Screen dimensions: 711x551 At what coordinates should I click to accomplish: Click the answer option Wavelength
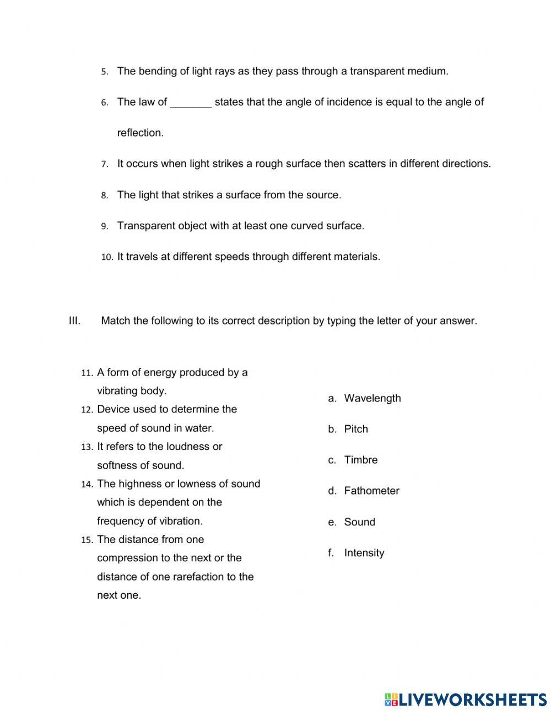(x=372, y=398)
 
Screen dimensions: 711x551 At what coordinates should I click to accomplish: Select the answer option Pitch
(x=356, y=429)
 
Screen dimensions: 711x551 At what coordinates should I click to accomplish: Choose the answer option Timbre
(x=361, y=460)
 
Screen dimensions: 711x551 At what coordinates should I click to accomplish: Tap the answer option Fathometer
(x=371, y=491)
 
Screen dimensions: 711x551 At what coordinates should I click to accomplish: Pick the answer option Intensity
(x=364, y=553)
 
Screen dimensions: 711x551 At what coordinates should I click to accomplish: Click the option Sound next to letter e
(x=359, y=522)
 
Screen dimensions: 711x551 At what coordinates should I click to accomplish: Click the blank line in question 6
(x=191, y=103)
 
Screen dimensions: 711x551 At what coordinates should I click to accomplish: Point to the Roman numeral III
(x=75, y=321)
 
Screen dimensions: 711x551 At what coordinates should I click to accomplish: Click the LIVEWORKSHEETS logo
(x=466, y=699)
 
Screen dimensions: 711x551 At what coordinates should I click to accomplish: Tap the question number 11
(x=87, y=373)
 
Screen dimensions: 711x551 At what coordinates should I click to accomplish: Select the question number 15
(x=87, y=540)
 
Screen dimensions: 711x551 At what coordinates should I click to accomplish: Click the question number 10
(x=107, y=257)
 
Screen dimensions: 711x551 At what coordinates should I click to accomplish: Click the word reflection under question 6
(x=140, y=133)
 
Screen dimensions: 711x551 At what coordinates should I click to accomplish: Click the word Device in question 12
(x=113, y=409)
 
